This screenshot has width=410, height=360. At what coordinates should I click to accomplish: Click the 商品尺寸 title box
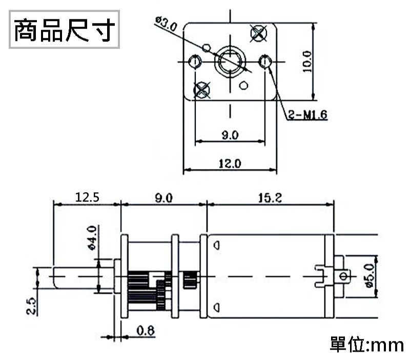click(64, 30)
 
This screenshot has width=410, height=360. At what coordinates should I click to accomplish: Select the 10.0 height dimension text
click(306, 62)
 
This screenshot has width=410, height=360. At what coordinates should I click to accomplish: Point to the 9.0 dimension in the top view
click(230, 135)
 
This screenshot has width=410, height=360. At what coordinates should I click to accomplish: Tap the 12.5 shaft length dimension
click(87, 197)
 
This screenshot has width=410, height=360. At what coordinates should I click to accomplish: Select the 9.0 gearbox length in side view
click(163, 197)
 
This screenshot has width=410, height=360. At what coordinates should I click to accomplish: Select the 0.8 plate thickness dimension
click(146, 331)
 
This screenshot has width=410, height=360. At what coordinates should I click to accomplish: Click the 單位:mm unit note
click(366, 344)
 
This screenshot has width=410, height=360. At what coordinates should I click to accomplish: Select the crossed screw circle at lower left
click(201, 90)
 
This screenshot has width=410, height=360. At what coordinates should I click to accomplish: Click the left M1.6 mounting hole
click(194, 62)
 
